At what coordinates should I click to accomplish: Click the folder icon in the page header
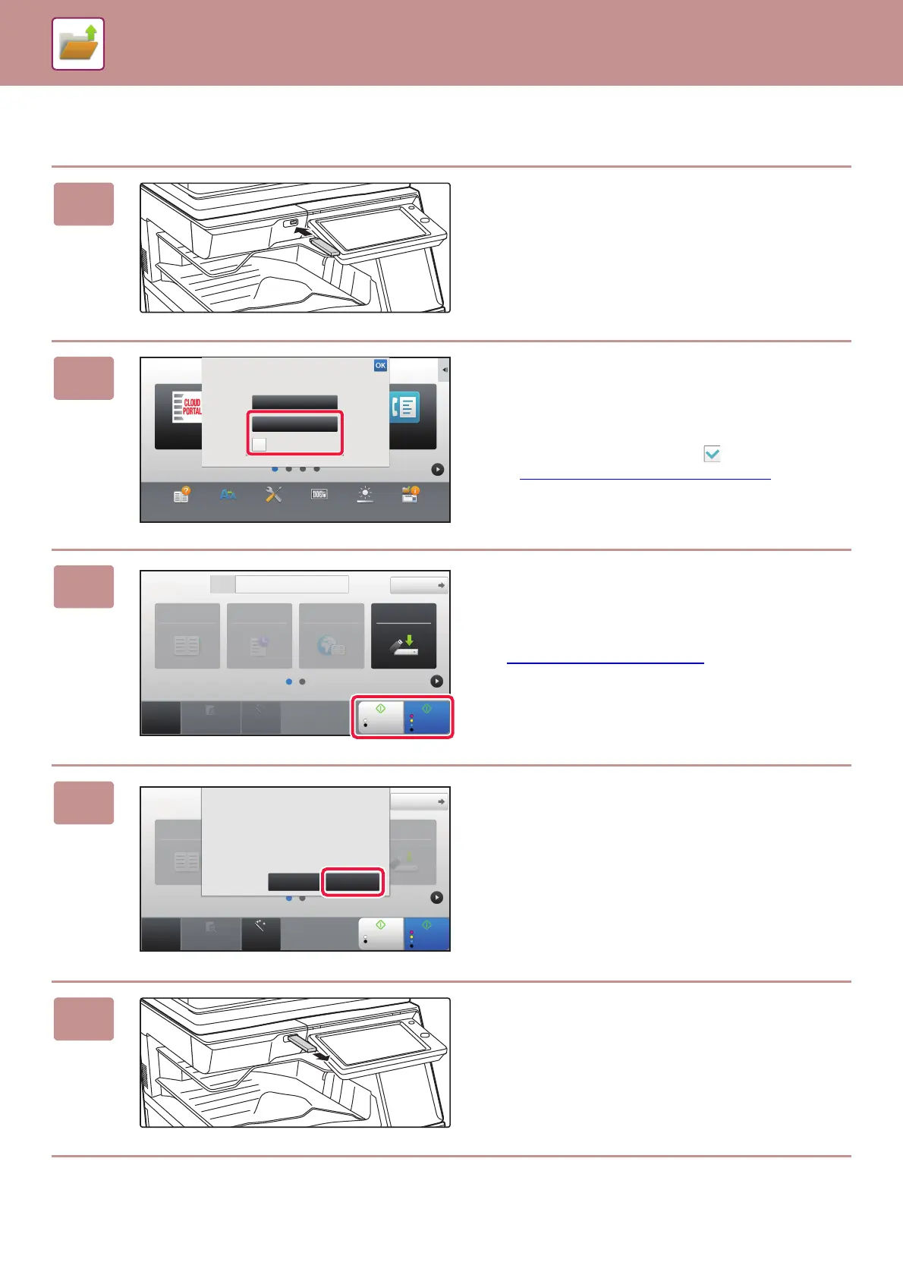[x=78, y=44]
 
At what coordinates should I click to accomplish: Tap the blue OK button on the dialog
[x=380, y=366]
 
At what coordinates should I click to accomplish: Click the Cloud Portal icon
[x=187, y=407]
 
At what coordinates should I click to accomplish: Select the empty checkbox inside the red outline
[x=260, y=444]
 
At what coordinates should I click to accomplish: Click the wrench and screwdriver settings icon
[x=273, y=495]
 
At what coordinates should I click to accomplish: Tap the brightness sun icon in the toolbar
[x=365, y=495]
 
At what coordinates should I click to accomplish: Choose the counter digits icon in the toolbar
[x=319, y=495]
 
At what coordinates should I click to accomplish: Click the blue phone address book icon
[x=405, y=408]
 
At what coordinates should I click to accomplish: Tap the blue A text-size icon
[x=228, y=495]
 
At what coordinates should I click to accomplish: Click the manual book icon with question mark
[x=181, y=495]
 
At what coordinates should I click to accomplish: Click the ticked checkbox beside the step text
[x=712, y=454]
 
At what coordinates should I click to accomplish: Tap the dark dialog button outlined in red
[x=353, y=882]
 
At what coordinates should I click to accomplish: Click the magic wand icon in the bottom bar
[x=260, y=927]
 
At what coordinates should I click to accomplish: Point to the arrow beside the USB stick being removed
[x=322, y=1056]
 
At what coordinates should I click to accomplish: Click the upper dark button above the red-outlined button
[x=294, y=402]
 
